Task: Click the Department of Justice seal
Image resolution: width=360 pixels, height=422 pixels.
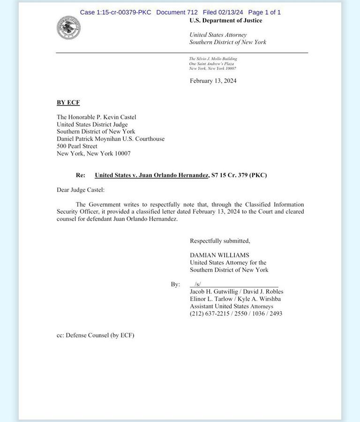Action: point(68,28)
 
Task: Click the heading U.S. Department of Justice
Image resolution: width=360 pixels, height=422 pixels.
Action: point(225,21)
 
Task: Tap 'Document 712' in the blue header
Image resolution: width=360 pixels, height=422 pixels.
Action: point(177,12)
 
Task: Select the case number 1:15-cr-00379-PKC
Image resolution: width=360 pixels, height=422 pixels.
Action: point(115,12)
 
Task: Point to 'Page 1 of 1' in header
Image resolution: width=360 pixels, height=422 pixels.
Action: point(264,12)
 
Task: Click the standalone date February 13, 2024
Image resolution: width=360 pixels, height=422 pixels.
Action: point(213,81)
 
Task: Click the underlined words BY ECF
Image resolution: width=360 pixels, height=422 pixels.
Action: point(68,103)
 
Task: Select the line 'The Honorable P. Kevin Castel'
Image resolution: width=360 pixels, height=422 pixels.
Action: point(97,117)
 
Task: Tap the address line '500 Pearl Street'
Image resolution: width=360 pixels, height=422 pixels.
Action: point(77,146)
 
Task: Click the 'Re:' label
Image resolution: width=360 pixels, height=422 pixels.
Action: point(81,175)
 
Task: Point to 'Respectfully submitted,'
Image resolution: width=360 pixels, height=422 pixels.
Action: point(220,241)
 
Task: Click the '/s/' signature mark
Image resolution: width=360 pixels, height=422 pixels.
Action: point(198,284)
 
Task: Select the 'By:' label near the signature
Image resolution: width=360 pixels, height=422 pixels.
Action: point(175,285)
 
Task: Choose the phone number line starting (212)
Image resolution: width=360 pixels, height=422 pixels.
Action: point(236,314)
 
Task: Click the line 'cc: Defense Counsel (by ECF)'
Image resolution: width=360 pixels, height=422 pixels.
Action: point(95,335)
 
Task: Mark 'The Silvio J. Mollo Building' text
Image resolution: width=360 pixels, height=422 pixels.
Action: point(213,59)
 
